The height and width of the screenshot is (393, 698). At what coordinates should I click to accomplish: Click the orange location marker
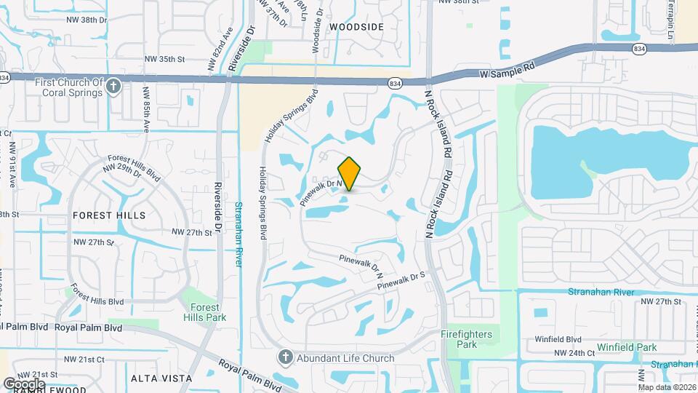[350, 174]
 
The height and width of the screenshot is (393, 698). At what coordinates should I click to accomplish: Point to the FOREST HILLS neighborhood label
[109, 215]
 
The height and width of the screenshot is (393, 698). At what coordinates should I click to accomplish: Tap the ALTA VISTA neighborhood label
[161, 378]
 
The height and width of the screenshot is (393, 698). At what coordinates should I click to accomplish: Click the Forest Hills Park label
[204, 312]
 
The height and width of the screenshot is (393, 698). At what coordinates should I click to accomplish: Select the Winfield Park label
[627, 347]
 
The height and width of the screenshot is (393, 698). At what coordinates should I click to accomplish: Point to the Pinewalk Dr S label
[401, 282]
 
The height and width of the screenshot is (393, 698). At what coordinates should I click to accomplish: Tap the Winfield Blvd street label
[559, 339]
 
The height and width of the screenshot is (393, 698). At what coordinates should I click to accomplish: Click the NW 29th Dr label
[121, 167]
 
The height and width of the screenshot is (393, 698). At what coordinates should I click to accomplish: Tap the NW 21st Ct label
[84, 360]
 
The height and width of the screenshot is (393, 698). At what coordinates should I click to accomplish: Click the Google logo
[24, 384]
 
